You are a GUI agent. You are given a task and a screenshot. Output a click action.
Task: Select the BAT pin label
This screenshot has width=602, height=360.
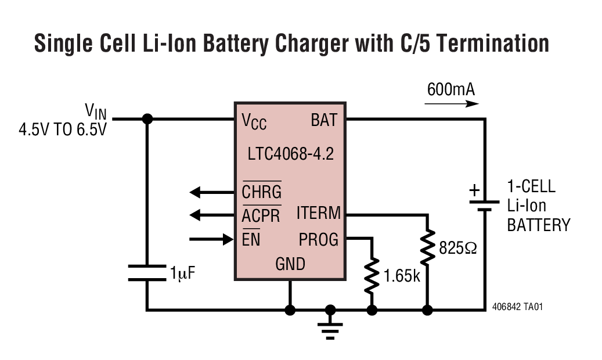[324, 120]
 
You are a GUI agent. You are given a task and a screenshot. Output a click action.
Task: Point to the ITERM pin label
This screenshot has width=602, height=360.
[318, 213]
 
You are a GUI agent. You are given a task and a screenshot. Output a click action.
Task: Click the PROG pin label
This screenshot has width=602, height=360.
[318, 239]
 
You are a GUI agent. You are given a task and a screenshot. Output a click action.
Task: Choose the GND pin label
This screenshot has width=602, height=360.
[290, 264]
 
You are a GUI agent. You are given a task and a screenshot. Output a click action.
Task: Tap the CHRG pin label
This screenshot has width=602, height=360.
[261, 191]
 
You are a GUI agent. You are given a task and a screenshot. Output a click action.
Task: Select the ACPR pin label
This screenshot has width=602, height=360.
[261, 215]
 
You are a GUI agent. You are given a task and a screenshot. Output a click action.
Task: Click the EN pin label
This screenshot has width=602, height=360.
[251, 239]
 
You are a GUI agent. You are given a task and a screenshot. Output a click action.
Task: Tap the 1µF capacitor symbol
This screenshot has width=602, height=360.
[147, 272]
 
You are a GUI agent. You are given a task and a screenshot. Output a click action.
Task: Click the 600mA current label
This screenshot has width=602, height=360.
[450, 90]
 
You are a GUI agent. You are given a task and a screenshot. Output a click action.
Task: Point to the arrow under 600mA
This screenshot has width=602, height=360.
[452, 104]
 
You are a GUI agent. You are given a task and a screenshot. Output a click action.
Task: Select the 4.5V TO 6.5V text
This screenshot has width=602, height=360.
[63, 129]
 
